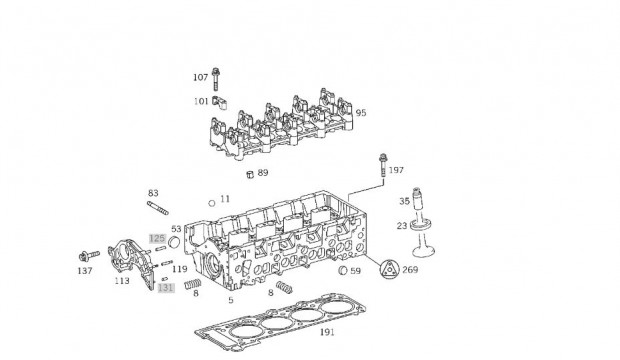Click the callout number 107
[200, 78]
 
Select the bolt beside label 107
[215, 79]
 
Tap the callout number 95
[361, 113]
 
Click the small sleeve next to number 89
[250, 174]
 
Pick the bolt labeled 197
[383, 165]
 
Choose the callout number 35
[404, 201]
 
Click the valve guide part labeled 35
[417, 201]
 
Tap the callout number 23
[402, 226]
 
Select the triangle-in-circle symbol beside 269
[389, 269]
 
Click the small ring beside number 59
[343, 270]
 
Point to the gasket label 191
[327, 332]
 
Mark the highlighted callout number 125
[157, 239]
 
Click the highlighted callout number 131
[166, 288]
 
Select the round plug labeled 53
[174, 241]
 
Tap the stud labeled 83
[158, 208]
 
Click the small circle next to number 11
[212, 203]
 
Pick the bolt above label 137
[89, 256]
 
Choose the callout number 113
[122, 281]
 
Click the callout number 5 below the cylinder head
[231, 300]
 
